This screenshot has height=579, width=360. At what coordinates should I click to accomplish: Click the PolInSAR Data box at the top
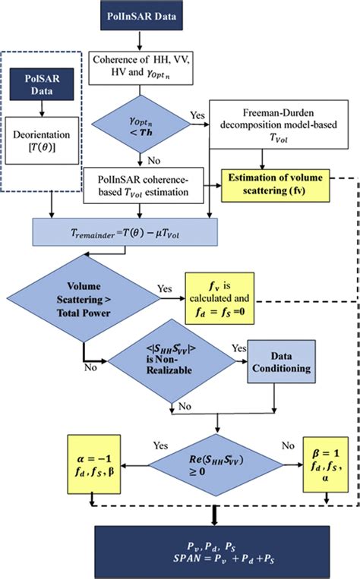[x=140, y=17]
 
